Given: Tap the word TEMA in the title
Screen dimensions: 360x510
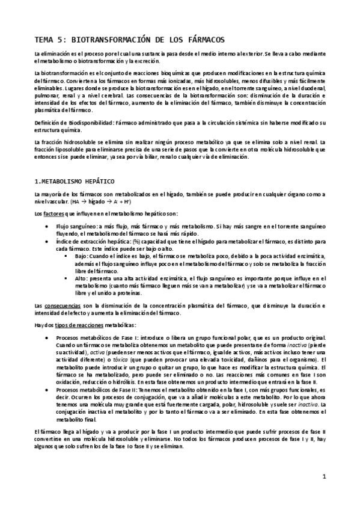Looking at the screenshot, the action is pyautogui.click(x=46, y=40).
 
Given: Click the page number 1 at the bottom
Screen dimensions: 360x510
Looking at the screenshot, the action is pyautogui.click(x=323, y=478).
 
